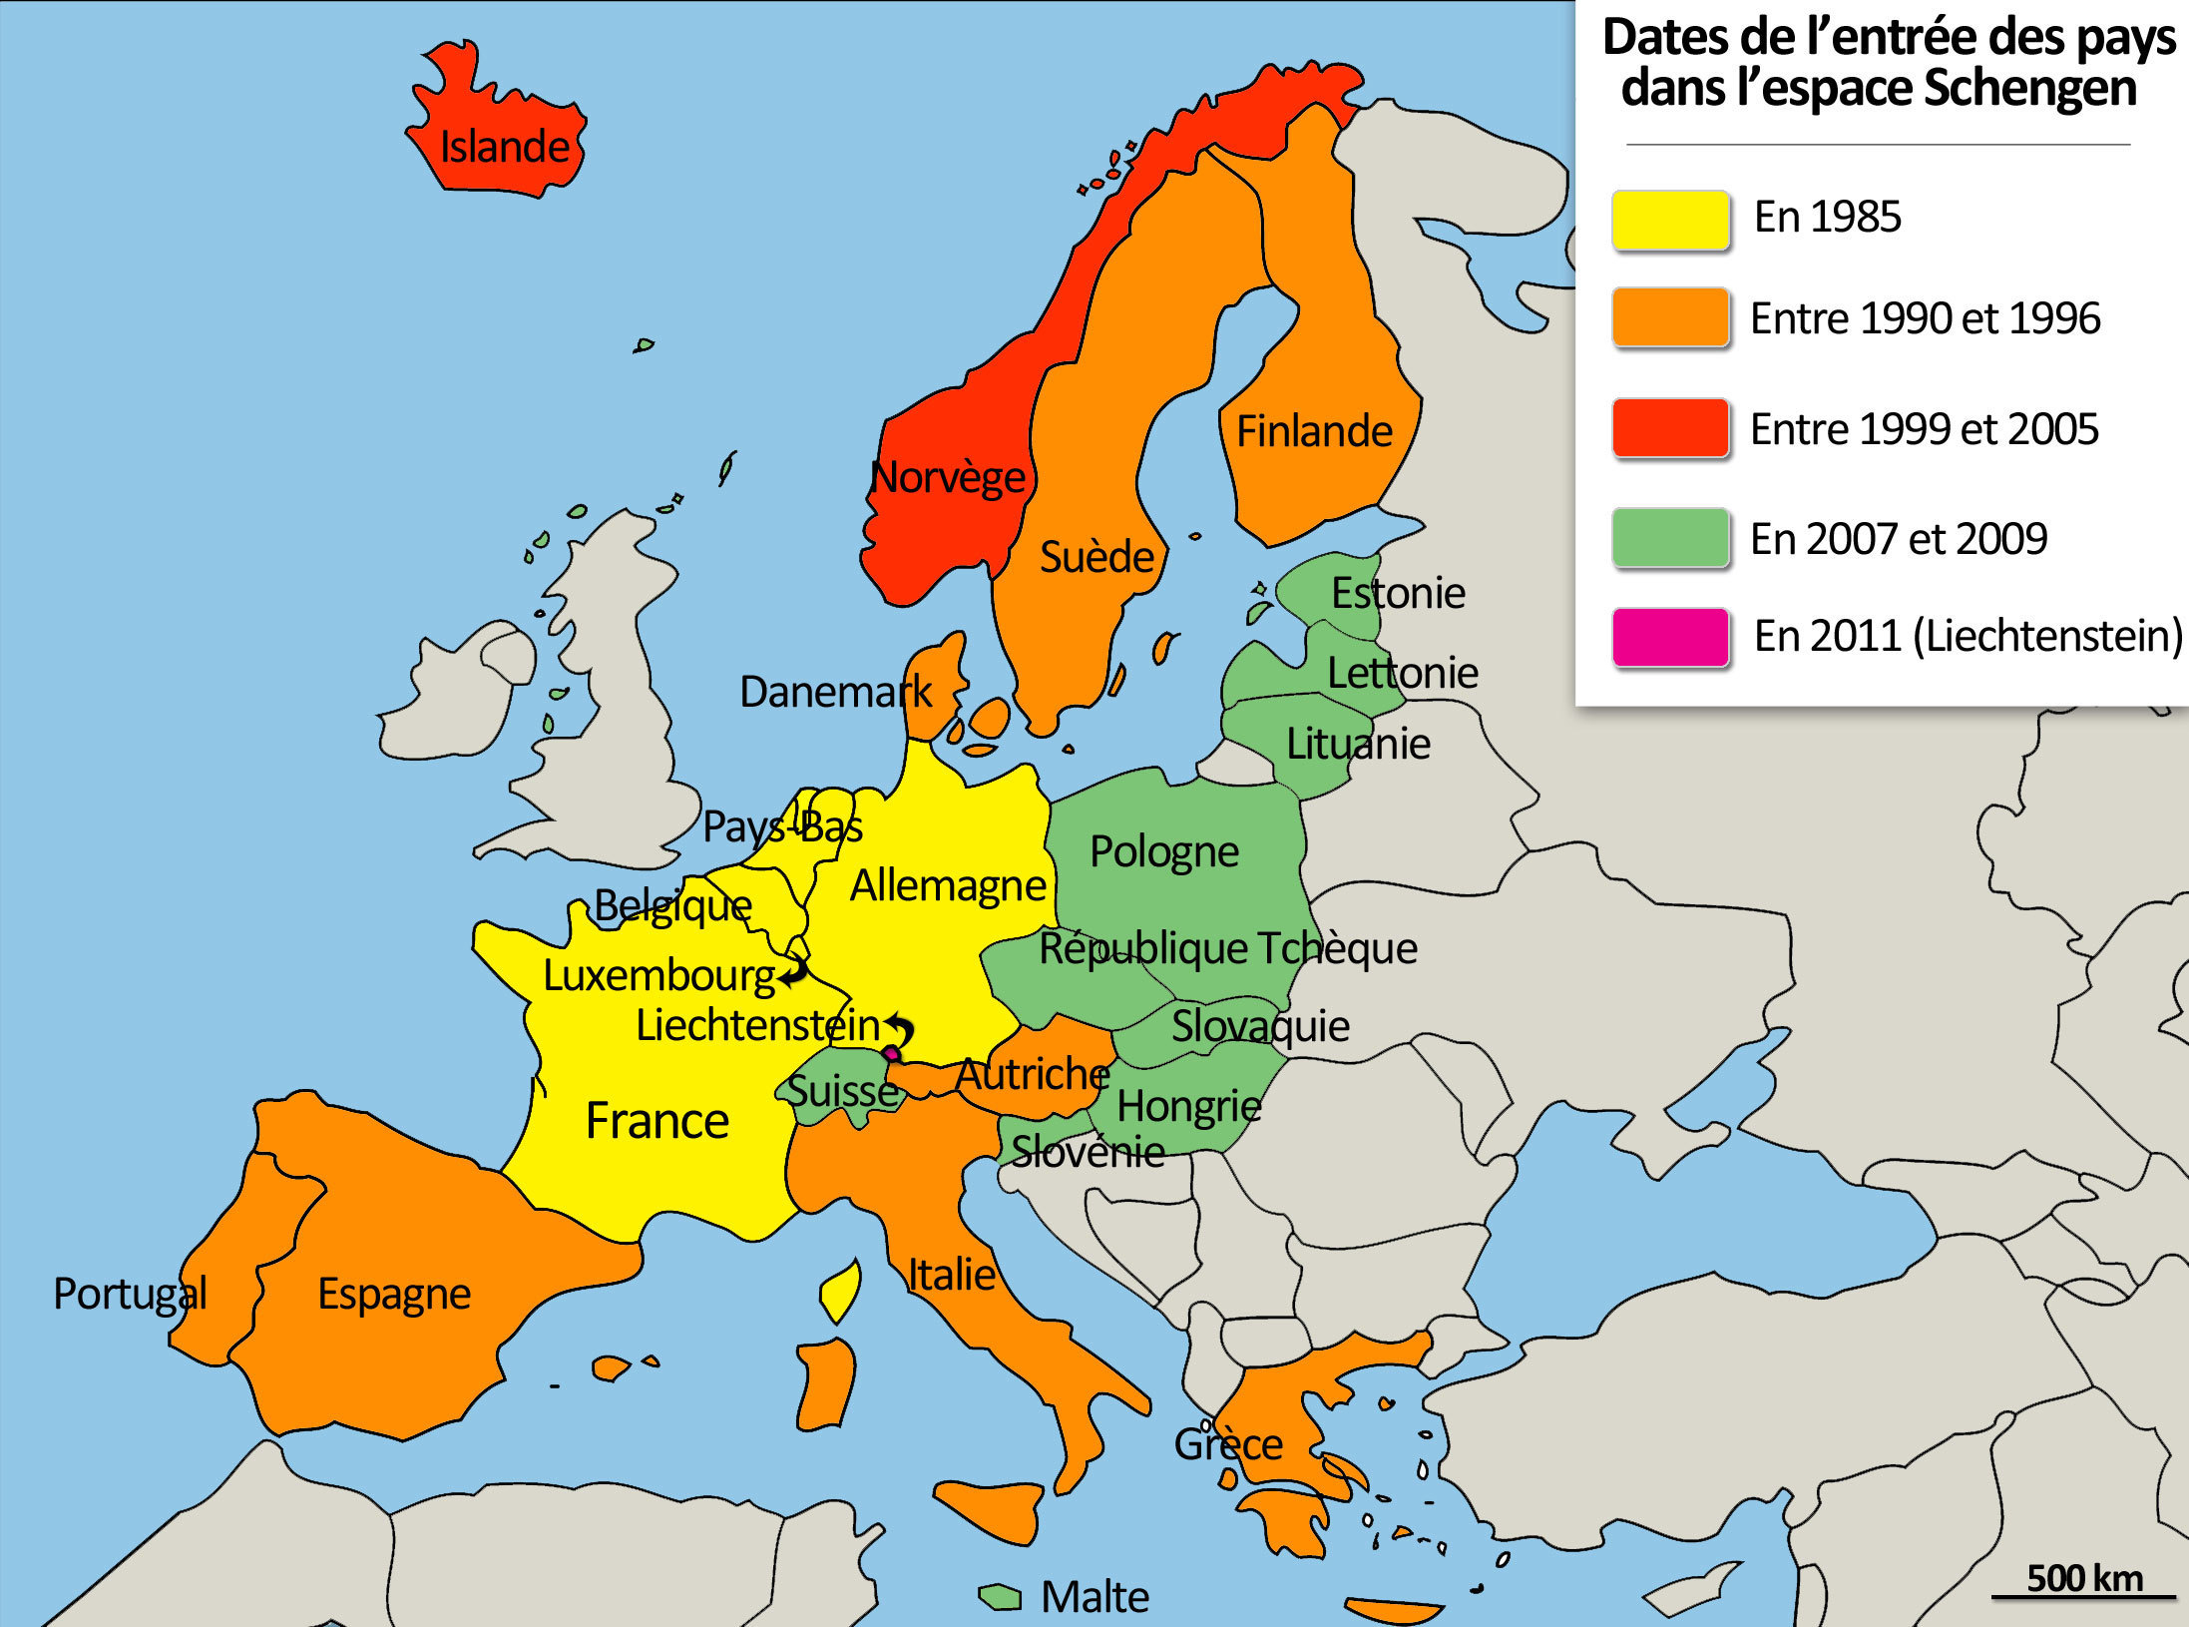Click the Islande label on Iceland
pyautogui.click(x=504, y=147)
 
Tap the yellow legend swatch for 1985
pyautogui.click(x=1670, y=219)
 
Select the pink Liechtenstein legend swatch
pyautogui.click(x=1670, y=637)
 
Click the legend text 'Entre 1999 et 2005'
pyautogui.click(x=1924, y=429)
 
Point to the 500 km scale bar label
pyautogui.click(x=2083, y=1578)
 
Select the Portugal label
pyautogui.click(x=130, y=1294)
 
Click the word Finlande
pyautogui.click(x=1314, y=431)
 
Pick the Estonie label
pyautogui.click(x=1398, y=593)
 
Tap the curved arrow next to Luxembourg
pyautogui.click(x=795, y=970)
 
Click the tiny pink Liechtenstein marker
pyautogui.click(x=891, y=1054)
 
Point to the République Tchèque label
pyautogui.click(x=1227, y=948)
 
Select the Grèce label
pyautogui.click(x=1227, y=1444)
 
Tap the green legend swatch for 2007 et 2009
pyautogui.click(x=1670, y=538)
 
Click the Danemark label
pyautogui.click(x=835, y=692)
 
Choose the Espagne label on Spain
pyautogui.click(x=393, y=1294)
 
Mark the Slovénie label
pyautogui.click(x=1088, y=1152)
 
